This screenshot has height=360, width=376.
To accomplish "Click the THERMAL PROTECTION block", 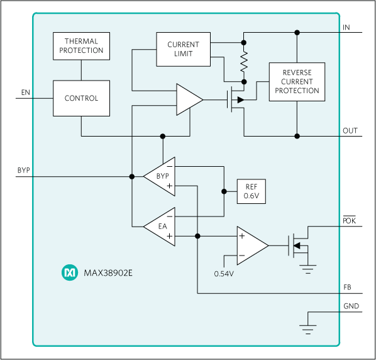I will [x=81, y=46].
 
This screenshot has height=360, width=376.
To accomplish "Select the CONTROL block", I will [x=81, y=98].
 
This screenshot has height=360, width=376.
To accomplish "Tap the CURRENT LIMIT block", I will [x=183, y=49].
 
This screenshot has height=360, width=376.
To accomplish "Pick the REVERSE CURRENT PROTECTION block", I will [x=296, y=82].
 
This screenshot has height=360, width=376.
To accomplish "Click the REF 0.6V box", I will [x=251, y=191].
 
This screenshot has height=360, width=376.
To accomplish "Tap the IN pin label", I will [x=346, y=28].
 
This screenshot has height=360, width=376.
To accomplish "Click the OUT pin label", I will [x=350, y=131].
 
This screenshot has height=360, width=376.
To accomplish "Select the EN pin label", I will [x=25, y=93].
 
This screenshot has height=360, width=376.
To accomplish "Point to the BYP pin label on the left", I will [x=25, y=171].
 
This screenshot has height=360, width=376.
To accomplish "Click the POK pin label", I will [x=349, y=221].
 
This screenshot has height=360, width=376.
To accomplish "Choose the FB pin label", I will [x=347, y=288].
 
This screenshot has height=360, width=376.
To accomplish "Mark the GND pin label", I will [x=350, y=307].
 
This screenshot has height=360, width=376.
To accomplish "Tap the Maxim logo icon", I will [x=68, y=273].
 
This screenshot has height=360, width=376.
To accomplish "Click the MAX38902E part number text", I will [x=111, y=273].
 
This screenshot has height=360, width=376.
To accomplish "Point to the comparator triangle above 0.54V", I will [x=250, y=245].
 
